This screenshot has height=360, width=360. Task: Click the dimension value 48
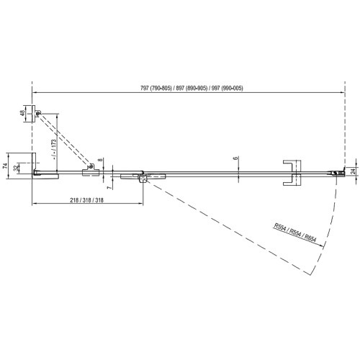point(22,113)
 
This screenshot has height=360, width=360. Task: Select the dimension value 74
point(5,166)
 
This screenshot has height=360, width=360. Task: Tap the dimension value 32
point(16,168)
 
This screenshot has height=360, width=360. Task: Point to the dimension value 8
point(101,160)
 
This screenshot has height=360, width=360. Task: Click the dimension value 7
point(109,188)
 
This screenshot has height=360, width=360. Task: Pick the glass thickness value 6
point(235,158)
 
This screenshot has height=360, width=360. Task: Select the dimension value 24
point(353,171)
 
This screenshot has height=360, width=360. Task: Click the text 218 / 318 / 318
point(86,200)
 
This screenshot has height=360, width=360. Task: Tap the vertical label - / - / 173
point(54,150)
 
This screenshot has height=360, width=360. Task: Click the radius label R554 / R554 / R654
point(295,233)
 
